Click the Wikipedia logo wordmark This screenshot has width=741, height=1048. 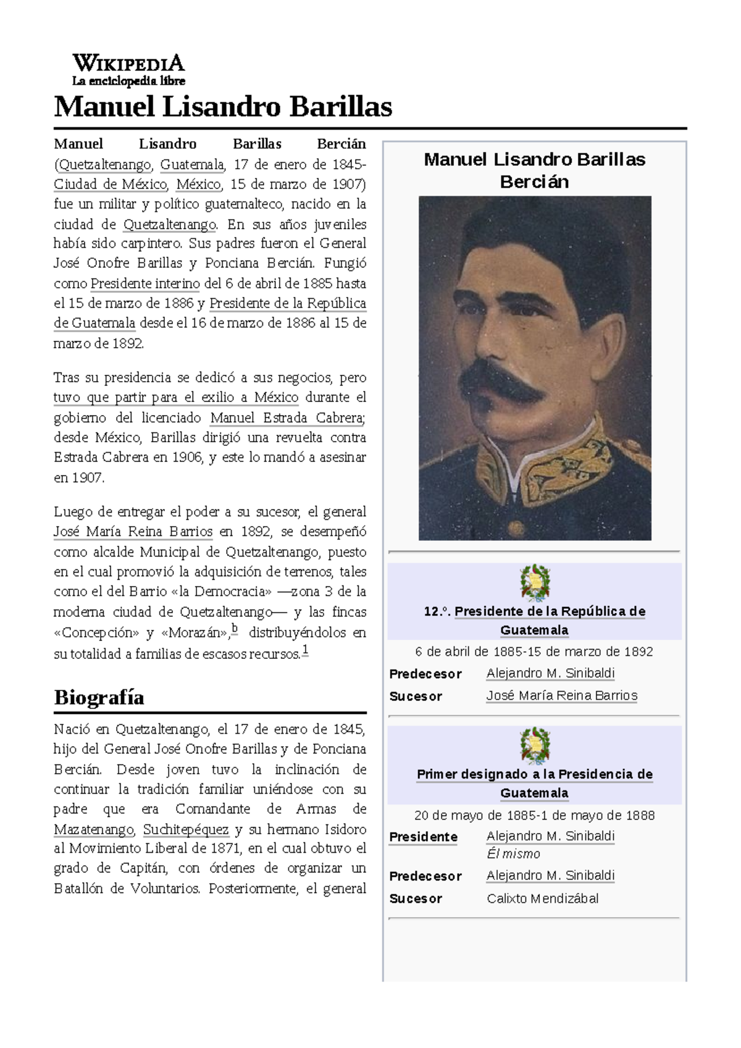pos(128,64)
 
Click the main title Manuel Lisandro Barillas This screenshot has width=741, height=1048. pos(223,106)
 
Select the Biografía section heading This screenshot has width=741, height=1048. pos(99,697)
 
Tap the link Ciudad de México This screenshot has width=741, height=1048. pos(110,184)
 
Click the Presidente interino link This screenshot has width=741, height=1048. pos(145,283)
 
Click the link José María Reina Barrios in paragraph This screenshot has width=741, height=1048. pos(133,532)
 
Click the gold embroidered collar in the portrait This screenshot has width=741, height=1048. pos(556,463)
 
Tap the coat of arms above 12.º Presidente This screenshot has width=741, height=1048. pos(535,582)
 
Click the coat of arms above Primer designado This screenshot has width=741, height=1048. pos(535,745)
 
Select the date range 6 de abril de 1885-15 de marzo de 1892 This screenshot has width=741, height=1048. pos(534,652)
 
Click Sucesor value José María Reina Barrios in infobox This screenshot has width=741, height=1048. pos(561,695)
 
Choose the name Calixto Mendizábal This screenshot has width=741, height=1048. pos(542,899)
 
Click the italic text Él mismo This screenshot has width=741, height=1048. pos(513,854)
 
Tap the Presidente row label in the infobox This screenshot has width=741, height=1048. pos(423,837)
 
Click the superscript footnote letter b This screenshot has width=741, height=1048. pos(235,629)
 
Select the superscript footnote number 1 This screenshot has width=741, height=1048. pos(305,650)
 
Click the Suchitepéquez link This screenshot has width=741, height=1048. pos(186,829)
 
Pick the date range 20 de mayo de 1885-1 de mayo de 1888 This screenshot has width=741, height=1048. pos(534,815)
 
